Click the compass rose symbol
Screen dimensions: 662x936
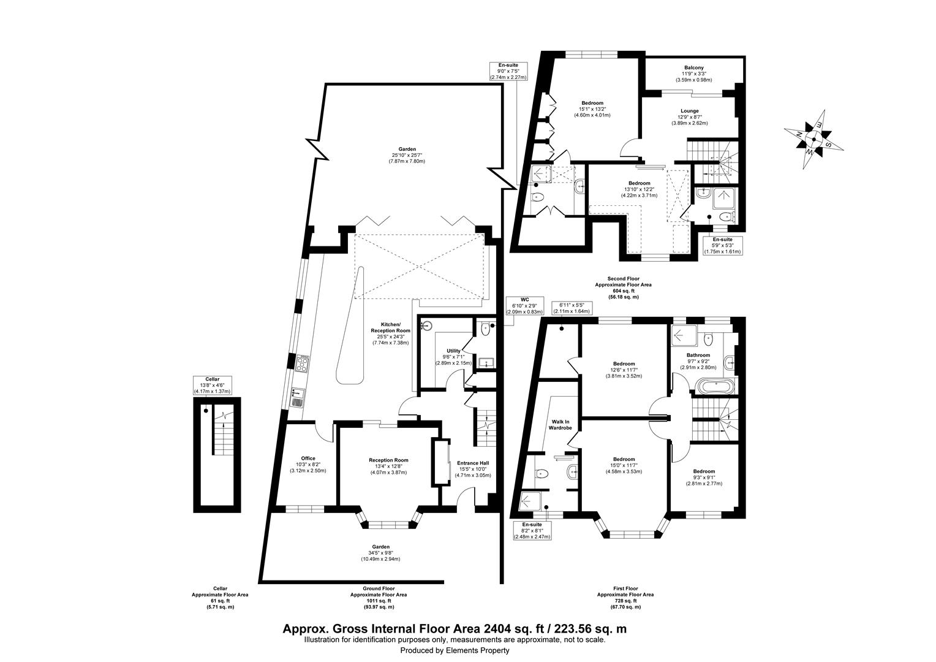(814, 139)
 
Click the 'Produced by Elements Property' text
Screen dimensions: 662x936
(455, 650)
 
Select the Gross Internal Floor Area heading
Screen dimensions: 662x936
(454, 629)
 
